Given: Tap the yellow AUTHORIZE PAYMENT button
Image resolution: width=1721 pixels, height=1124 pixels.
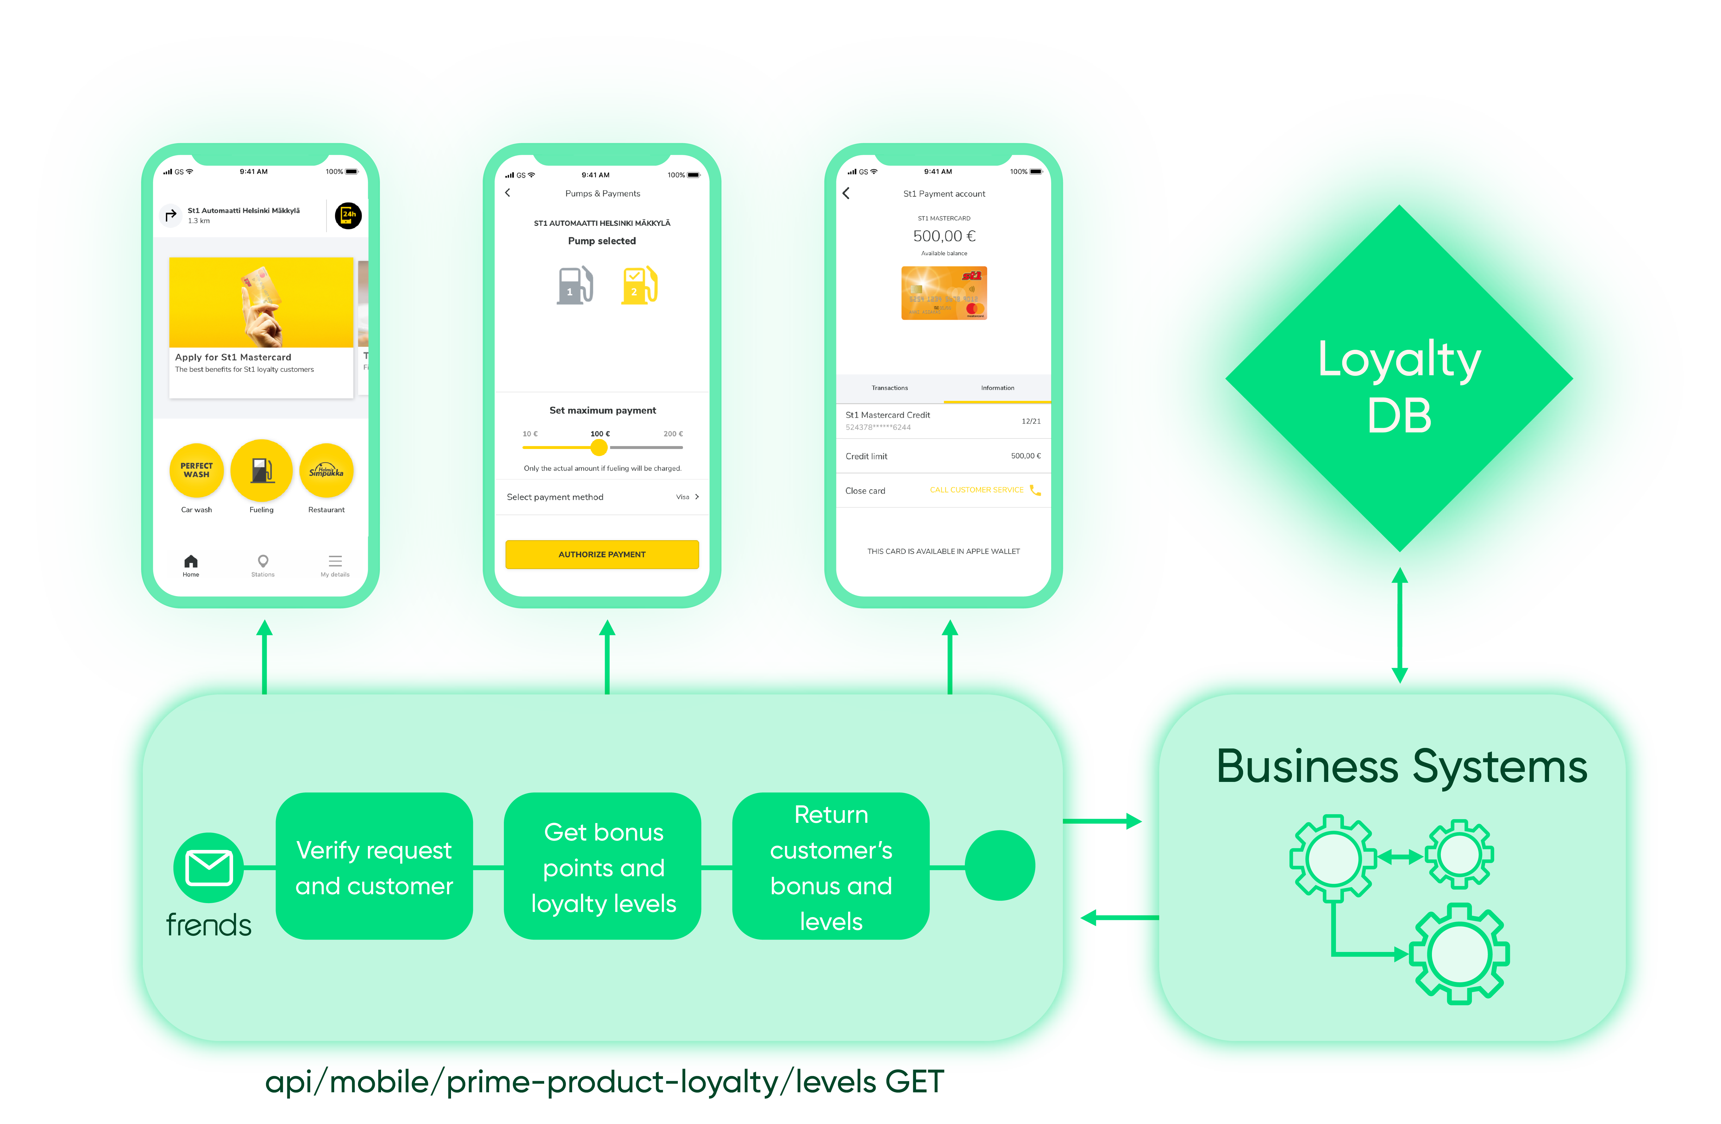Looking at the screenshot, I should [x=602, y=554].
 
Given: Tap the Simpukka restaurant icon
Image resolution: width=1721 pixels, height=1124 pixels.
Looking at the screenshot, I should [x=326, y=470].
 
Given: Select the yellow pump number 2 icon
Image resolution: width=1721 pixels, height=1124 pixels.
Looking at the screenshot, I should [x=639, y=286].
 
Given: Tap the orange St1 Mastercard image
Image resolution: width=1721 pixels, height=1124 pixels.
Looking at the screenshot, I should [x=944, y=293].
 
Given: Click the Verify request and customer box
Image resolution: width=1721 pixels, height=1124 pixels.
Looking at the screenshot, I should [x=374, y=867].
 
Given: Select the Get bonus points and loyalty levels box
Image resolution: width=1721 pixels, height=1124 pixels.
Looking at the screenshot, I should [x=603, y=867].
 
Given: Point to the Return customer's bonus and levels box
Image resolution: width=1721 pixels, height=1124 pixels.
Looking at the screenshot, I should [x=831, y=867].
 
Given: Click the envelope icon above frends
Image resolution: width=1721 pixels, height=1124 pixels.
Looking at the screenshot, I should [x=209, y=867].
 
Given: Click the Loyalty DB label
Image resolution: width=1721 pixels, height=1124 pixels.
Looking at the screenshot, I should [x=1399, y=387].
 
